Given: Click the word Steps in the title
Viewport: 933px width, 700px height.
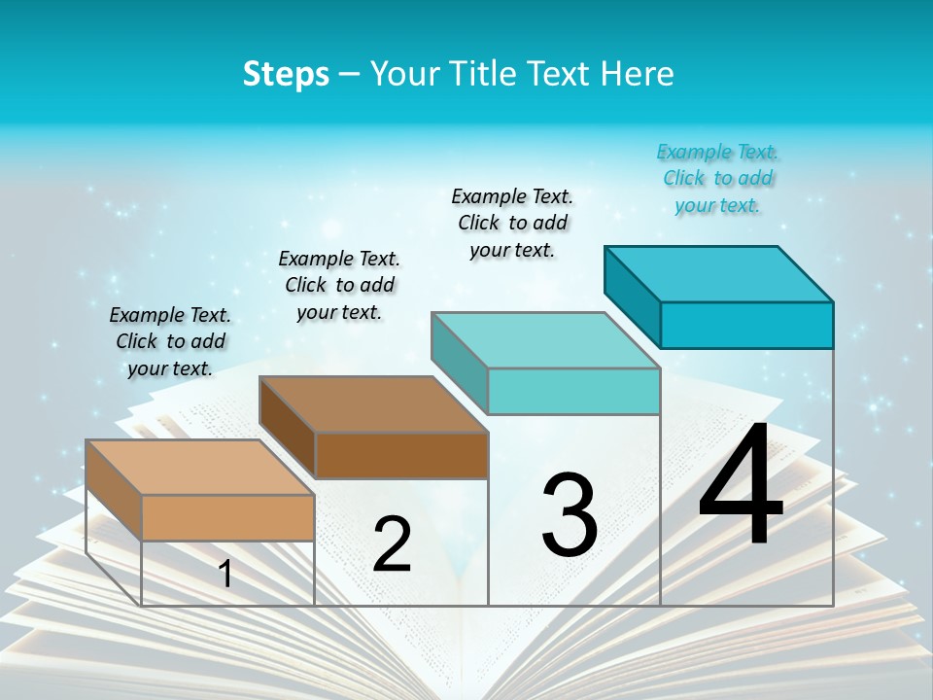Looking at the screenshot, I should click(286, 74).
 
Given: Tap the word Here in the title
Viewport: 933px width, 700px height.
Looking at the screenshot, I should click(639, 74).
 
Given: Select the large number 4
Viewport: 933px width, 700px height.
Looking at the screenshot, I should click(741, 485).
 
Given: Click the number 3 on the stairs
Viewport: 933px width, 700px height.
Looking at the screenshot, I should click(570, 514).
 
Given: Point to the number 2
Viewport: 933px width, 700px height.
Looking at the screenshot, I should click(392, 543).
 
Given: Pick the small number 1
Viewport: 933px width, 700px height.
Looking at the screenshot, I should click(225, 574).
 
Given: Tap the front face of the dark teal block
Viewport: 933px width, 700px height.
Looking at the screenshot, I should click(746, 325).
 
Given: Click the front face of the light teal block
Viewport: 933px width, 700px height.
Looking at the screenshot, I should click(573, 391).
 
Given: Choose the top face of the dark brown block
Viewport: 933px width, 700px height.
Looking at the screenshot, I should click(373, 404).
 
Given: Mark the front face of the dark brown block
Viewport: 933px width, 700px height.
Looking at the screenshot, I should click(400, 455).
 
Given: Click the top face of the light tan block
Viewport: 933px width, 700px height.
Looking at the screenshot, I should click(200, 468).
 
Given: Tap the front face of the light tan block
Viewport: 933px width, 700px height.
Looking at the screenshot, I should click(227, 517).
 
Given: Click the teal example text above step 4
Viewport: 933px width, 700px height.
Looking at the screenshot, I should click(718, 178).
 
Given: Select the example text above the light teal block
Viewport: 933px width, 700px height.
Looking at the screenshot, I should click(512, 223).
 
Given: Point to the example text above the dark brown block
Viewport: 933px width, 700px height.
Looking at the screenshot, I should click(339, 285).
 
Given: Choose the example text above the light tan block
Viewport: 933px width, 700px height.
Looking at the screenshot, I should click(170, 341).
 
